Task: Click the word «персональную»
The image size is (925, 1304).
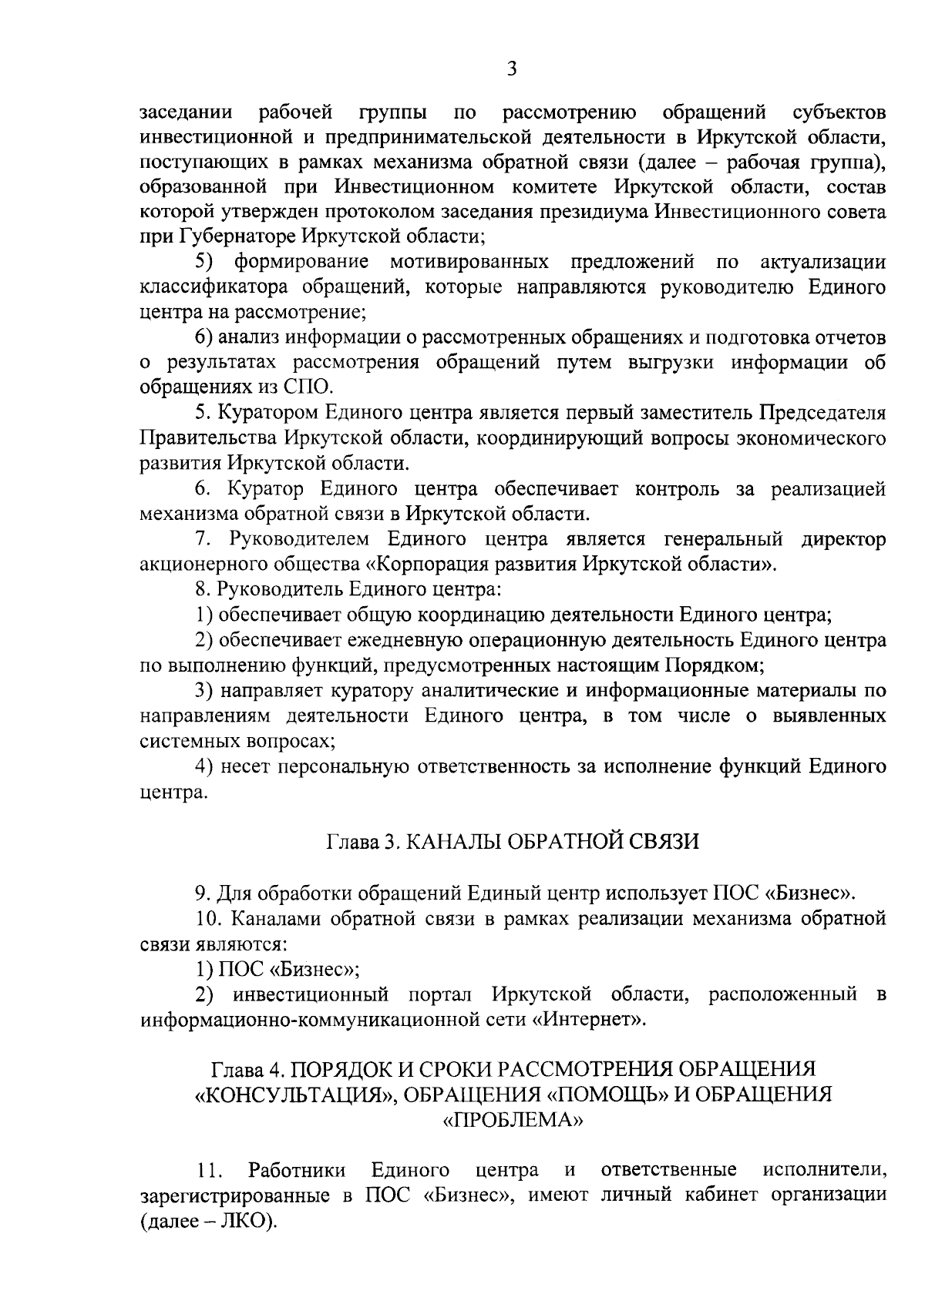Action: click(x=340, y=766)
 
